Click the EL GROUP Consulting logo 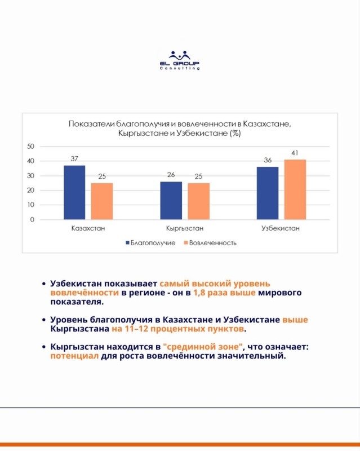180,60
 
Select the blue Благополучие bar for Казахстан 74,192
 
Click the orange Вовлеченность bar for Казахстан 101,201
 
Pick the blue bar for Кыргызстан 171,200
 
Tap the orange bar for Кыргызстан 198,201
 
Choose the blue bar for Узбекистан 268,193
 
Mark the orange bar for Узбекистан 295,189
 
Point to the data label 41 295,153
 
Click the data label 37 74,159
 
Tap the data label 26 171,175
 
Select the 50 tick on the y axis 31,147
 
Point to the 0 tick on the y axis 33,219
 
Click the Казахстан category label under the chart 88,229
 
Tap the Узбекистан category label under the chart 281,229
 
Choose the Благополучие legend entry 149,243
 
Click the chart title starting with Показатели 180,129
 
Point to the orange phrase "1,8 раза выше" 224,293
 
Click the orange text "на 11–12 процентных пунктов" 179,328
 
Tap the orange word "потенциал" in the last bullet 74,356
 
